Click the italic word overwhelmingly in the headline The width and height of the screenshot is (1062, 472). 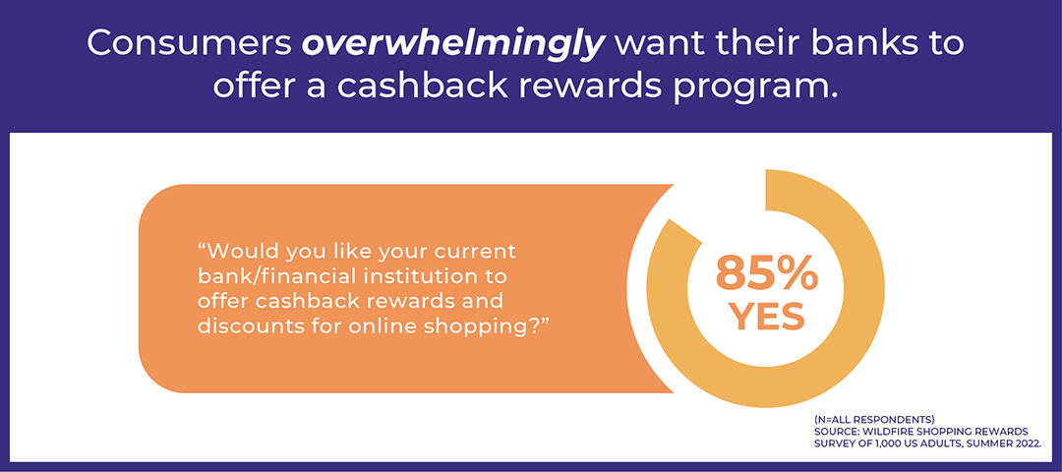(465, 44)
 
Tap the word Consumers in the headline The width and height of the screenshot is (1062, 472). (186, 44)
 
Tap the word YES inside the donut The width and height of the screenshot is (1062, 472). (766, 318)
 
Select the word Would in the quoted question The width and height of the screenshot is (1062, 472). (245, 252)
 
